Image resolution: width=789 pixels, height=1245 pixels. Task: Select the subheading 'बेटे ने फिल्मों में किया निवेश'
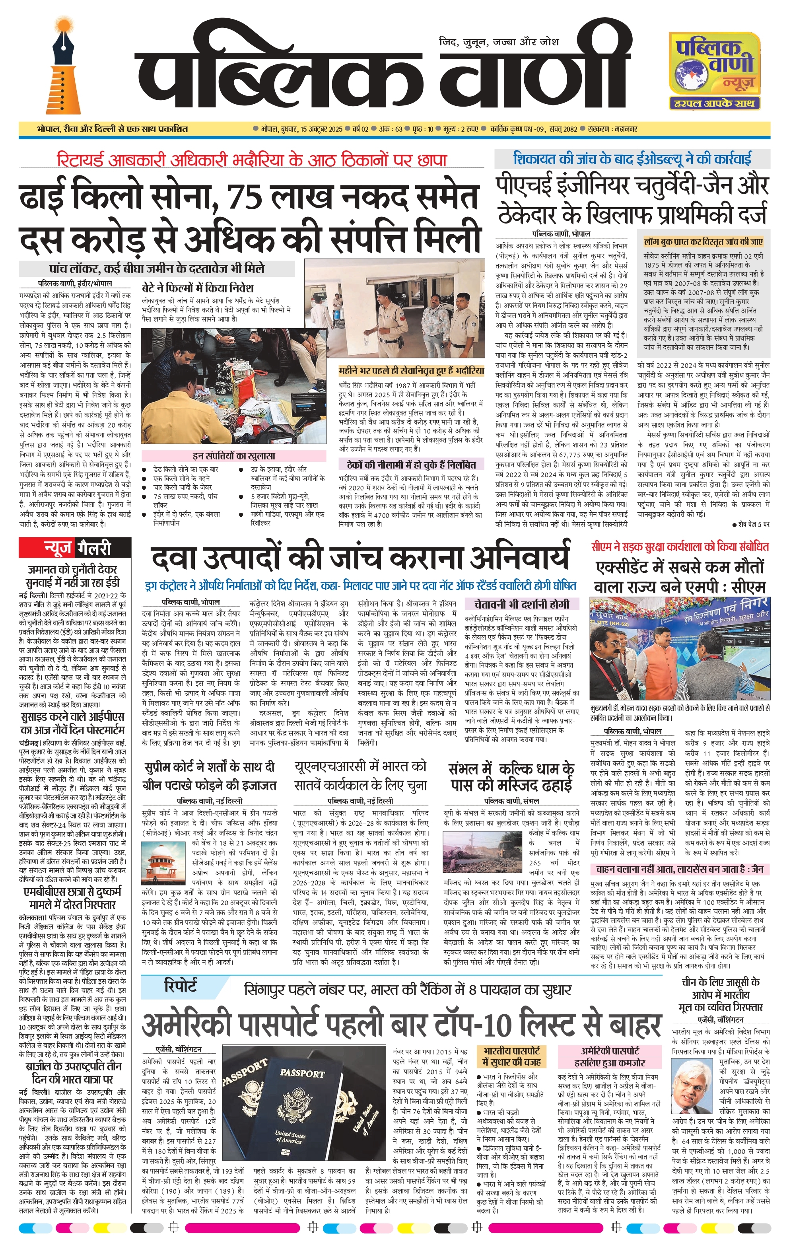198,288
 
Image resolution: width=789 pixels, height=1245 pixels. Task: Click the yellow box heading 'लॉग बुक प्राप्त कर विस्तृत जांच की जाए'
703,242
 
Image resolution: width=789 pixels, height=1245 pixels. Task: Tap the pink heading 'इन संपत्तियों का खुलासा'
234,456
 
